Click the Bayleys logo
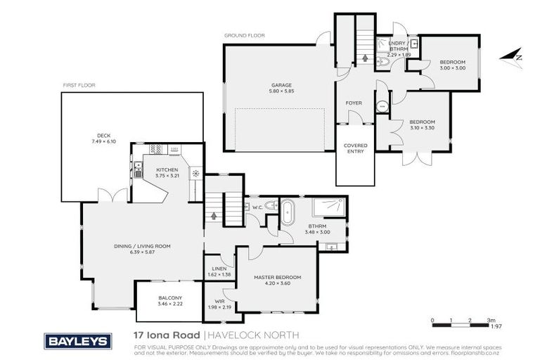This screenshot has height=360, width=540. click(78, 341)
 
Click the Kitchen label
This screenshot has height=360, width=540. click(167, 169)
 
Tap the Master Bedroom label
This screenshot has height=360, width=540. click(277, 278)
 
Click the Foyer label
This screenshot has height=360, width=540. click(353, 103)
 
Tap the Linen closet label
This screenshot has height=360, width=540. click(219, 268)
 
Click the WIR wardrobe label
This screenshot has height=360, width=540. click(219, 302)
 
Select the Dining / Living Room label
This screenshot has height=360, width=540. click(143, 246)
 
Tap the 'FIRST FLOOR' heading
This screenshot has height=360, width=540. click(78, 84)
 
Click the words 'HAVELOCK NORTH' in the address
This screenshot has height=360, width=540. click(254, 335)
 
